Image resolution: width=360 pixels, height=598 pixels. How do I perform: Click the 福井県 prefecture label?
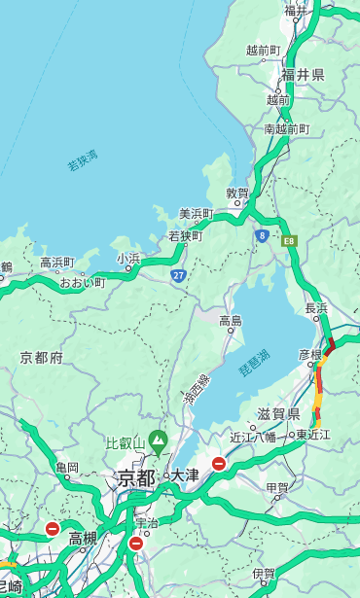click(303, 75)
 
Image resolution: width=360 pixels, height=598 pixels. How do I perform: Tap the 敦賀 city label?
click(237, 193)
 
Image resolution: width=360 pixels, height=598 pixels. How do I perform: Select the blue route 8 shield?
click(262, 235)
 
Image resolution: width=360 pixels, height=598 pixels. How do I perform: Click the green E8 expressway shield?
click(289, 239)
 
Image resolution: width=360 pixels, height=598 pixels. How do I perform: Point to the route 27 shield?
click(178, 275)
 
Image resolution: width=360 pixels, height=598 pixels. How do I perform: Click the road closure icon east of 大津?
click(219, 465)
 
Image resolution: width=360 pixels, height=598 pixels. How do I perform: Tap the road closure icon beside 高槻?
click(52, 529)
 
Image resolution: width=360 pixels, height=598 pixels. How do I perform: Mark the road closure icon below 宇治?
click(135, 543)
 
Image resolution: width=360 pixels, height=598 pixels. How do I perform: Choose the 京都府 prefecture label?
click(41, 358)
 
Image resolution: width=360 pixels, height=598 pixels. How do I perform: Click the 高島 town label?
click(231, 321)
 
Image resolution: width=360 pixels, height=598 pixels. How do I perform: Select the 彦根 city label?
click(309, 356)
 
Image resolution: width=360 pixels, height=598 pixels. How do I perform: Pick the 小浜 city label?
click(128, 259)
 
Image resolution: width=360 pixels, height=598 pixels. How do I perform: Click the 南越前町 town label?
click(286, 129)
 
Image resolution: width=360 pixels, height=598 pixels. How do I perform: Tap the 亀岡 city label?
click(66, 468)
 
